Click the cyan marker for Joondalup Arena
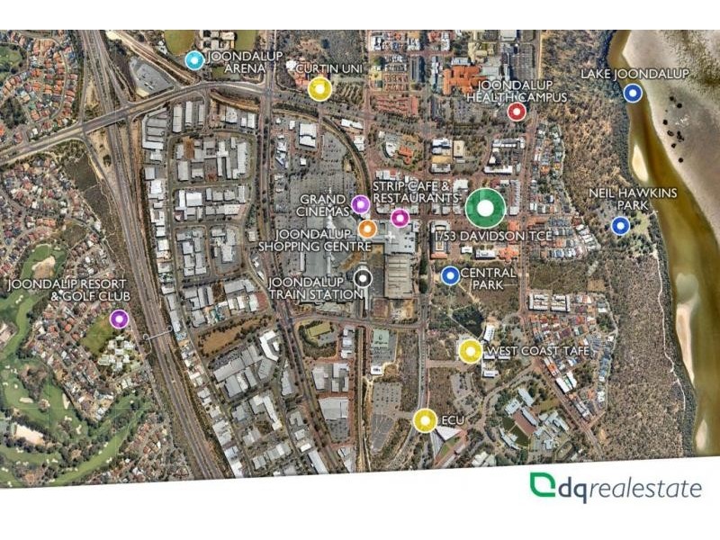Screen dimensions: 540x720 194,60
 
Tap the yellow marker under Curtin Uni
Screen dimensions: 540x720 319,88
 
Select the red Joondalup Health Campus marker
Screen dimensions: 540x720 517,112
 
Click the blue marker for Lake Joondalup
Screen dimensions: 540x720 633,92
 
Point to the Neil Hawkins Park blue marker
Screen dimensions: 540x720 619,225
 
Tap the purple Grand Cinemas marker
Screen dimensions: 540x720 360,205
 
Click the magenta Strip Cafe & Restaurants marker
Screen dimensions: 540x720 400,218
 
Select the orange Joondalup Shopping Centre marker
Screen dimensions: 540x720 366,229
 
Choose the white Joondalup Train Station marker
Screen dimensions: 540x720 362,279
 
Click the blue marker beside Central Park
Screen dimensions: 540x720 450,274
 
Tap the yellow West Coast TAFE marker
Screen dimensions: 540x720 469,351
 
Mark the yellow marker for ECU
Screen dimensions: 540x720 425,420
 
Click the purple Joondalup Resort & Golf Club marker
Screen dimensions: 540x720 119,318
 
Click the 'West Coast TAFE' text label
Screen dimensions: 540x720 536,351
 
